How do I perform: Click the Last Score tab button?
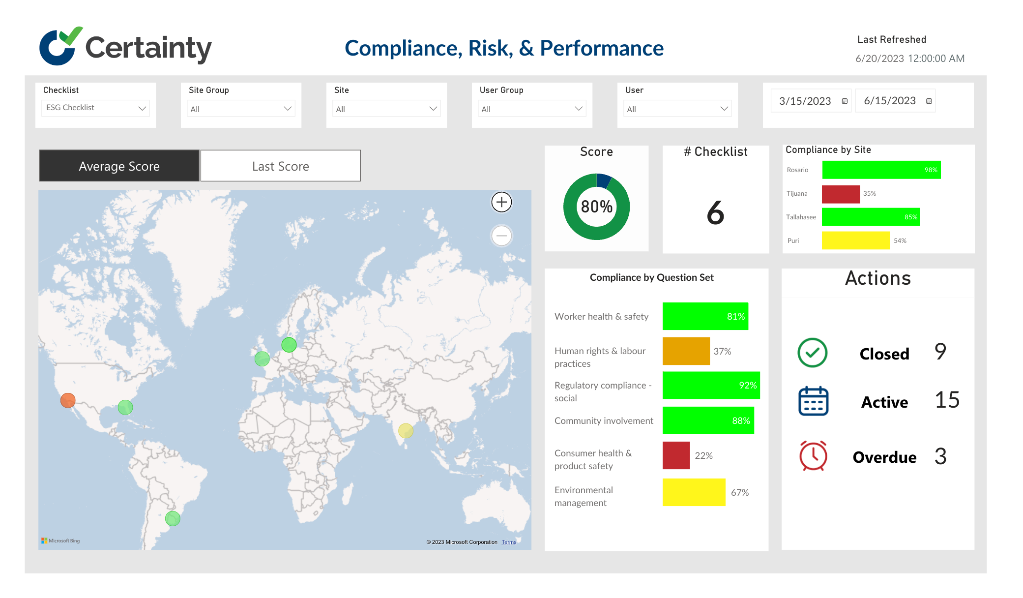[x=280, y=166]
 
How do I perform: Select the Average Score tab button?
[x=119, y=166]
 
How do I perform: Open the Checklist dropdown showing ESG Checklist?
[x=95, y=108]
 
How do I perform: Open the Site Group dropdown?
[x=241, y=109]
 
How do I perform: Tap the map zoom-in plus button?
[x=501, y=202]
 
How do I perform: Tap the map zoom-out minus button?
[x=501, y=236]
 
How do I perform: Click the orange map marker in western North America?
[x=68, y=400]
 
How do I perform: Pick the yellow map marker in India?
[x=406, y=431]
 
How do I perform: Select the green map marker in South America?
[x=173, y=518]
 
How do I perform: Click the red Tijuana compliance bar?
[x=841, y=194]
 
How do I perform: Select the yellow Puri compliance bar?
[x=855, y=240]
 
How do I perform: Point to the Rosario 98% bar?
[x=881, y=170]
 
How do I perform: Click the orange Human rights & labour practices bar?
[x=686, y=351]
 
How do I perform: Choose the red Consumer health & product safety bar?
[x=676, y=455]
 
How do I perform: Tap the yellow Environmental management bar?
[x=694, y=492]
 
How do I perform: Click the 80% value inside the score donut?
[x=596, y=207]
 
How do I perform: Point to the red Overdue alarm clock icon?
[x=813, y=456]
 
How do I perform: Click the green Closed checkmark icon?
[x=812, y=353]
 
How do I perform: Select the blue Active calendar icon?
[x=813, y=401]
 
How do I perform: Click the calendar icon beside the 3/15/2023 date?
[x=845, y=101]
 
